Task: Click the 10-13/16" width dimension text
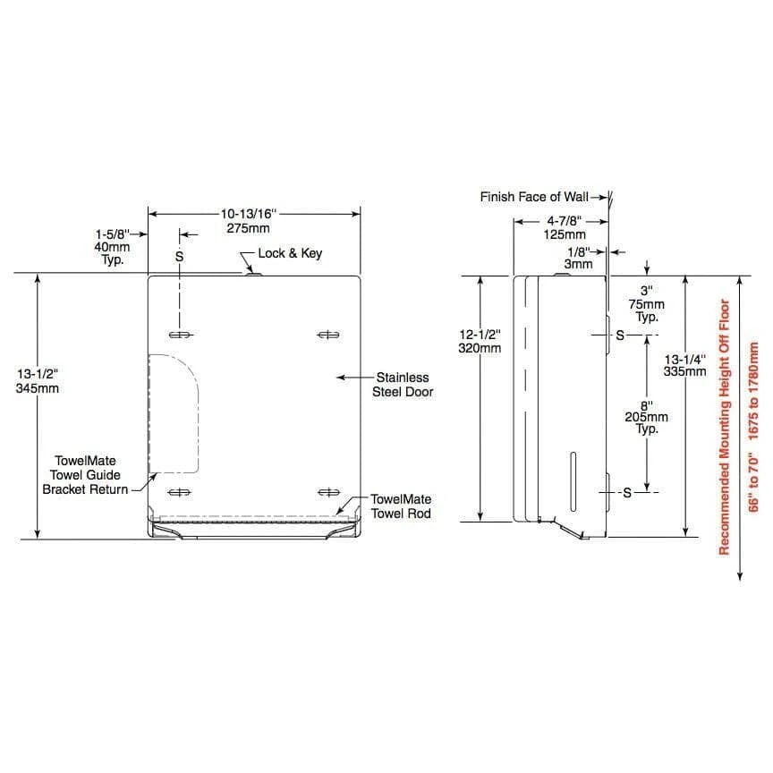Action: (249, 214)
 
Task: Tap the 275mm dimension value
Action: (248, 228)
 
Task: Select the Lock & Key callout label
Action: (290, 253)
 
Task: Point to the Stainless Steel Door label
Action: (403, 385)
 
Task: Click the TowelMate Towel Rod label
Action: (402, 506)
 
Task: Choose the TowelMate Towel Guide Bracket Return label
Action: (85, 475)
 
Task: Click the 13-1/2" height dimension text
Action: (37, 374)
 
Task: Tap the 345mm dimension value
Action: (37, 388)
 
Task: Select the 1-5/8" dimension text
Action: (113, 234)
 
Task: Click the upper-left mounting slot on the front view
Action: (180, 335)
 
